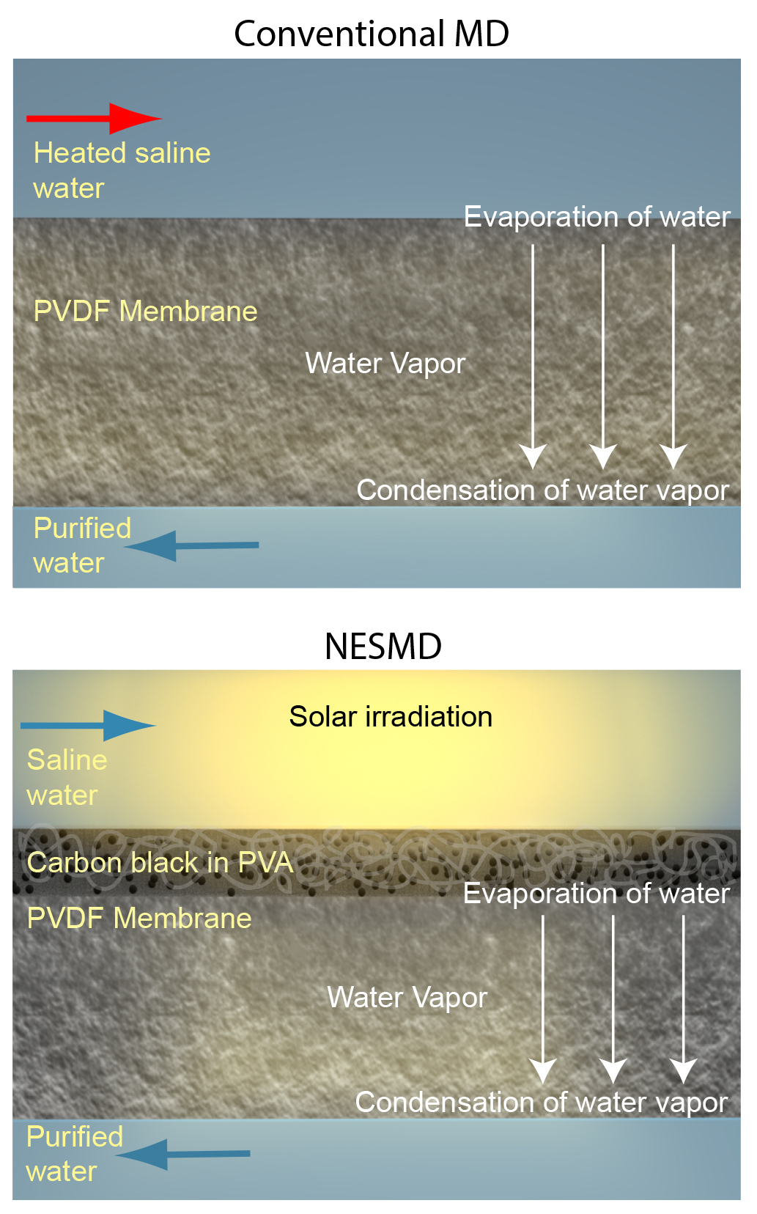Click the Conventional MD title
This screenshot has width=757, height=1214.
372,34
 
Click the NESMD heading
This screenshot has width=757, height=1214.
383,647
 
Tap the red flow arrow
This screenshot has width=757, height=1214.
93,118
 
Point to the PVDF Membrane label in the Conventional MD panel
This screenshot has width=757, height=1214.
145,312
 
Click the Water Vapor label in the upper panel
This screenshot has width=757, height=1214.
385,364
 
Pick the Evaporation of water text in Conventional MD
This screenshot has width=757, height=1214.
597,217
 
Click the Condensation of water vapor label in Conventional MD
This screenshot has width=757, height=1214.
542,490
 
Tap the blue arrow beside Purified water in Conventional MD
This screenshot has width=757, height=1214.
192,545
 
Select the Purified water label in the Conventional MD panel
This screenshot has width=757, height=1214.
82,545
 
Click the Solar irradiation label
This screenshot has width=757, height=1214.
391,717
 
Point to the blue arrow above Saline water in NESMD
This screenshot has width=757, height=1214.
88,726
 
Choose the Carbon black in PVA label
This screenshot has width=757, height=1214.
160,863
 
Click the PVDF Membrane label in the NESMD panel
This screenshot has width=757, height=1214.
139,919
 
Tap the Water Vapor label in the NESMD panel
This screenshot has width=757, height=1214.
407,998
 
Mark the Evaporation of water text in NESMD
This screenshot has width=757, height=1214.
597,894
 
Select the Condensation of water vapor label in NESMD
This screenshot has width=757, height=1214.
541,1103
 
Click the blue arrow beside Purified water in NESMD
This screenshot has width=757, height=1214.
183,1154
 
